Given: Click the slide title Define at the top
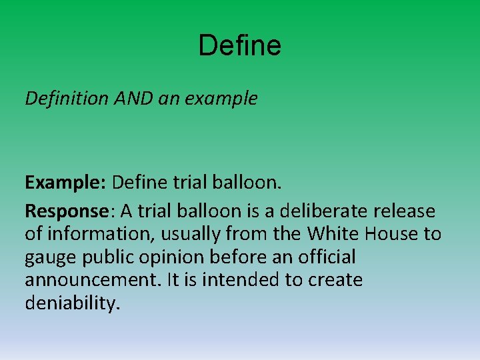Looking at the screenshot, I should click(x=240, y=46).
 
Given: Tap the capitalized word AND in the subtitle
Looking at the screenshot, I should click(x=135, y=99).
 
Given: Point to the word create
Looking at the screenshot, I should click(x=335, y=280).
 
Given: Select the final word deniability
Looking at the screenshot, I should click(x=73, y=303).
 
